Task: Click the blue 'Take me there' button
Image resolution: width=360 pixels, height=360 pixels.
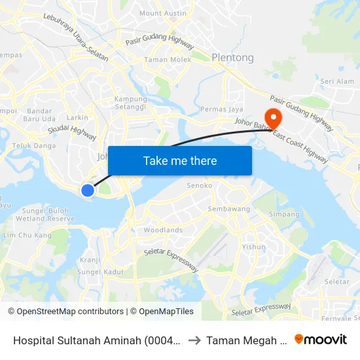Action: click(180, 160)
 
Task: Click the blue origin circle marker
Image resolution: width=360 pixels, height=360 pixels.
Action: click(88, 190)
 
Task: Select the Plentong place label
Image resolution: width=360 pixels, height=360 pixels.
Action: click(232, 58)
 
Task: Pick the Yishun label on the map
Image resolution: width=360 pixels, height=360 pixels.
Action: click(254, 247)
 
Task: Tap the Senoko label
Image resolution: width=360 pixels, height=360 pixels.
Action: click(200, 186)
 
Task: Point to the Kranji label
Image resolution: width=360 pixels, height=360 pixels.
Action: click(90, 260)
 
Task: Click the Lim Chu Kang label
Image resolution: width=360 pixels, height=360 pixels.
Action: click(27, 235)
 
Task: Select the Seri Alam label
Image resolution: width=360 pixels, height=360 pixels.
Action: click(337, 81)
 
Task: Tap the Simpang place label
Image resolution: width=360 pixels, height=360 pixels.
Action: click(285, 214)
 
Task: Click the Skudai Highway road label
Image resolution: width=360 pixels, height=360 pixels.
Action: click(72, 133)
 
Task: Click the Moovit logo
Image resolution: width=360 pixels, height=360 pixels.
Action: click(321, 339)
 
